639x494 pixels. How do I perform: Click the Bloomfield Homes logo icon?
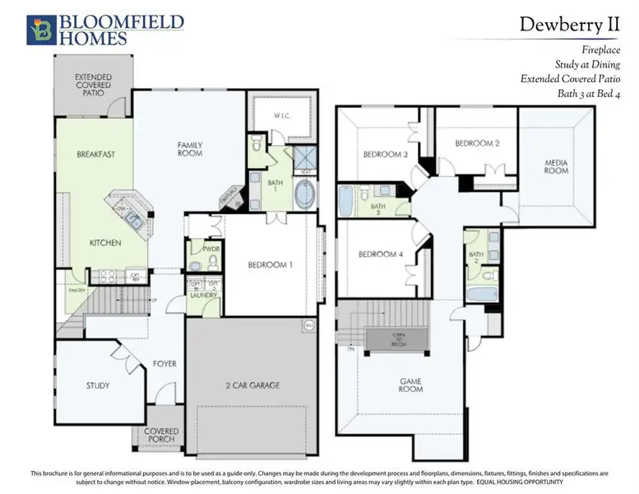pyautogui.click(x=41, y=29)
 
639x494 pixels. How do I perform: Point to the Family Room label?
pyautogui.click(x=190, y=149)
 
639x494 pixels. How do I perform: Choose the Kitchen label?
pyautogui.click(x=106, y=243)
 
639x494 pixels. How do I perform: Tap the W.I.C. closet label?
pyautogui.click(x=281, y=117)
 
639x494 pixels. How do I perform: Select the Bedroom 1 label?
pyautogui.click(x=270, y=265)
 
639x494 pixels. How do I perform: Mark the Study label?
pyautogui.click(x=98, y=385)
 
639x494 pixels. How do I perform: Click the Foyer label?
pyautogui.click(x=164, y=364)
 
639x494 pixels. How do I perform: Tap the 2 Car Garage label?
pyautogui.click(x=252, y=385)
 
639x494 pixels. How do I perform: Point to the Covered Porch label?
pyautogui.click(x=161, y=436)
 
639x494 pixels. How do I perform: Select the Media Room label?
pyautogui.click(x=557, y=167)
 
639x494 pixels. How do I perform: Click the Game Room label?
pyautogui.click(x=411, y=384)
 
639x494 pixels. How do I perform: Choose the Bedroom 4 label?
pyautogui.click(x=380, y=254)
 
